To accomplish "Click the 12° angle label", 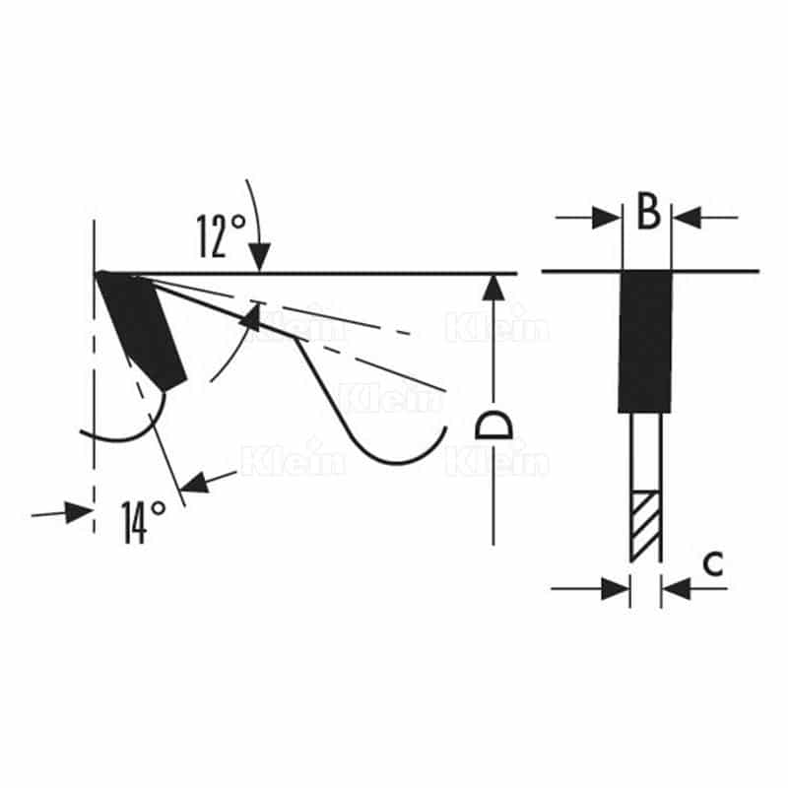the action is [x=220, y=235].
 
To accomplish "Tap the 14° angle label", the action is [x=143, y=522].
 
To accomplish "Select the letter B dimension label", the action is [x=648, y=211].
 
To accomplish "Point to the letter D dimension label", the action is [x=494, y=426].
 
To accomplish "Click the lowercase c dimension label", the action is [x=712, y=563].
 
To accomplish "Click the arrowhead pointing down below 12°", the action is [x=259, y=256].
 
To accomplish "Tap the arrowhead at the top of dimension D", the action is [x=494, y=288].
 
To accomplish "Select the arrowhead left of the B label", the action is [x=607, y=218].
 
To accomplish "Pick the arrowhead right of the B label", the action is [x=687, y=218].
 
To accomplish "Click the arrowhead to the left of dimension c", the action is [x=616, y=588].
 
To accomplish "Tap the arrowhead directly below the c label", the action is [x=677, y=588].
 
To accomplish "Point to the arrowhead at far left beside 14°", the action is [x=80, y=512].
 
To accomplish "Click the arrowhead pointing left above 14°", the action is [x=194, y=483].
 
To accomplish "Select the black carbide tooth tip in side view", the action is [x=142, y=330].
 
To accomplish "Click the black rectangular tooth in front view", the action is [x=645, y=342].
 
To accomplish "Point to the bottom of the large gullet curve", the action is [x=397, y=463].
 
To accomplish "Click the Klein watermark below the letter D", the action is [x=497, y=461].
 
